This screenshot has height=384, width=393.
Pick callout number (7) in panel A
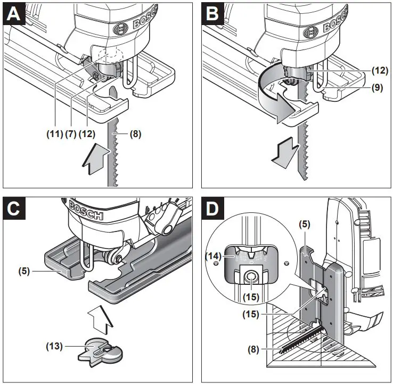coord(70,134)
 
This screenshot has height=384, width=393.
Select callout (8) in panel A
coord(136,134)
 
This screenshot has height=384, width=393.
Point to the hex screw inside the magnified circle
coord(249,276)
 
